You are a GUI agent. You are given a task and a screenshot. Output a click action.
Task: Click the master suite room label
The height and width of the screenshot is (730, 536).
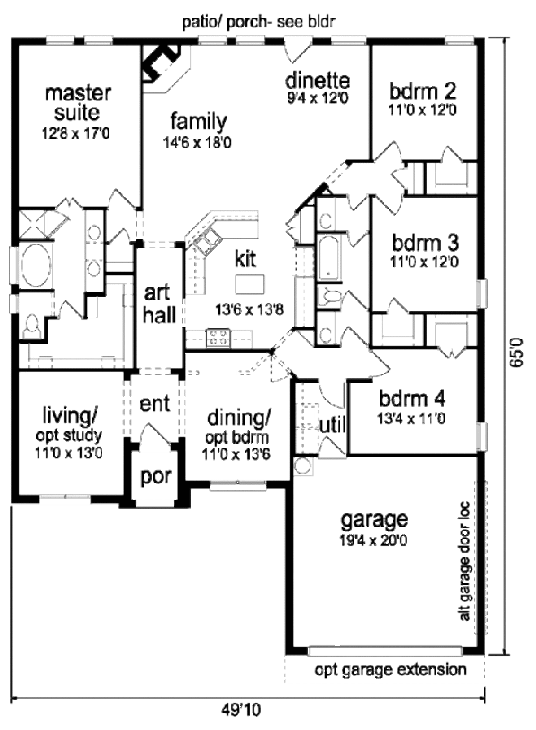coord(77,103)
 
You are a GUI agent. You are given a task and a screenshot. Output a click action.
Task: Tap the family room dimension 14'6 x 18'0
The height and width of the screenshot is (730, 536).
coord(197,142)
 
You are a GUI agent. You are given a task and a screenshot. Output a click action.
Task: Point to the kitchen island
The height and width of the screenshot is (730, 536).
coord(250,285)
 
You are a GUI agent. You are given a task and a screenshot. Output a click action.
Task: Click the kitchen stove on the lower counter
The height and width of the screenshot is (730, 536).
coord(218,338)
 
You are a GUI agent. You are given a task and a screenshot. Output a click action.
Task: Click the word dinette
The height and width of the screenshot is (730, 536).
coord(317,81)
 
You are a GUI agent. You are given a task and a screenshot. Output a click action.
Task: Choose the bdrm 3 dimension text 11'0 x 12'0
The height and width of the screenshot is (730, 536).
coord(425,261)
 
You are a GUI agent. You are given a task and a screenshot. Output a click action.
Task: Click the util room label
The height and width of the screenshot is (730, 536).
coord(332,424)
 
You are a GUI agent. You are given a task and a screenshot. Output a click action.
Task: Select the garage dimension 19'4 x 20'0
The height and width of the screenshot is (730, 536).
coord(373,540)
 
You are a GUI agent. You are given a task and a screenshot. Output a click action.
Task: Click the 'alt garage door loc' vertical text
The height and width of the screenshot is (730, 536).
coord(464,562)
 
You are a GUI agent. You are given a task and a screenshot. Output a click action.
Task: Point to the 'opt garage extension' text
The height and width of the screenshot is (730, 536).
coord(390,670)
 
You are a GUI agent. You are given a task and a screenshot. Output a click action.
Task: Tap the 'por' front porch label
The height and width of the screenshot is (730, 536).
coord(155,477)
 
